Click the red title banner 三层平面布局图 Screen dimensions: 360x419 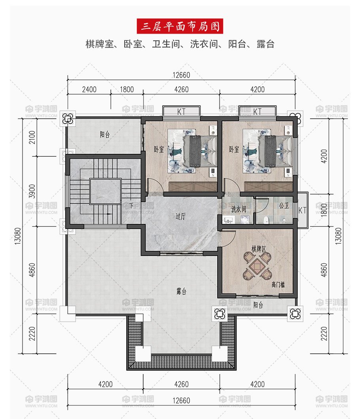[180, 26]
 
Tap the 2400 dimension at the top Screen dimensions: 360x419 [89, 89]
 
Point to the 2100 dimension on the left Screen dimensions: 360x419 [32, 137]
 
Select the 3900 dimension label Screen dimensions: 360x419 [32, 191]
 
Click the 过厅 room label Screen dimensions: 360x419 [180, 216]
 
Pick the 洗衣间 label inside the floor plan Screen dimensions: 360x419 [239, 209]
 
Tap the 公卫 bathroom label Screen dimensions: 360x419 [284, 205]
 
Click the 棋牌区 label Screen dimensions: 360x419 [259, 249]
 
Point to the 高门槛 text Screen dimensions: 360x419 [278, 284]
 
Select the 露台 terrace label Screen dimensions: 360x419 [182, 291]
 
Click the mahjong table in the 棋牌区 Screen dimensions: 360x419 [258, 266]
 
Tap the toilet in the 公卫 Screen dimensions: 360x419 [266, 220]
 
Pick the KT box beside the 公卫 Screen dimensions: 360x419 [303, 210]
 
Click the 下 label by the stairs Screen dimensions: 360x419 [131, 205]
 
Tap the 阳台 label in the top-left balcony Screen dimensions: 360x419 [105, 134]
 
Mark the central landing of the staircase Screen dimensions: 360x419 [105, 191]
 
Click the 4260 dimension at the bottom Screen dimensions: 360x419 [182, 384]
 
